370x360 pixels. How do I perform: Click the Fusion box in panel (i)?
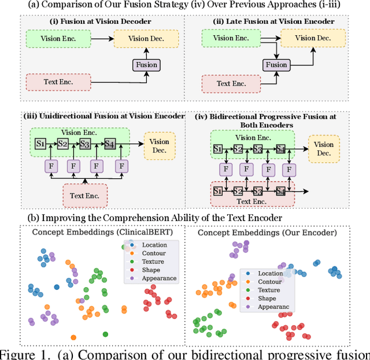pos(146,65)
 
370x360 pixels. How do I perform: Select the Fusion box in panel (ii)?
pos(276,65)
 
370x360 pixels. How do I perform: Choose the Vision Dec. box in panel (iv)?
pos(323,149)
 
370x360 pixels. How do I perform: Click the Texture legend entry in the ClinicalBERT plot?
pos(153,262)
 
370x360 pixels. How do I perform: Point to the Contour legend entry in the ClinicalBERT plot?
pos(154,254)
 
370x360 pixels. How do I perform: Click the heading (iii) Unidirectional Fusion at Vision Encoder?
pos(103,115)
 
